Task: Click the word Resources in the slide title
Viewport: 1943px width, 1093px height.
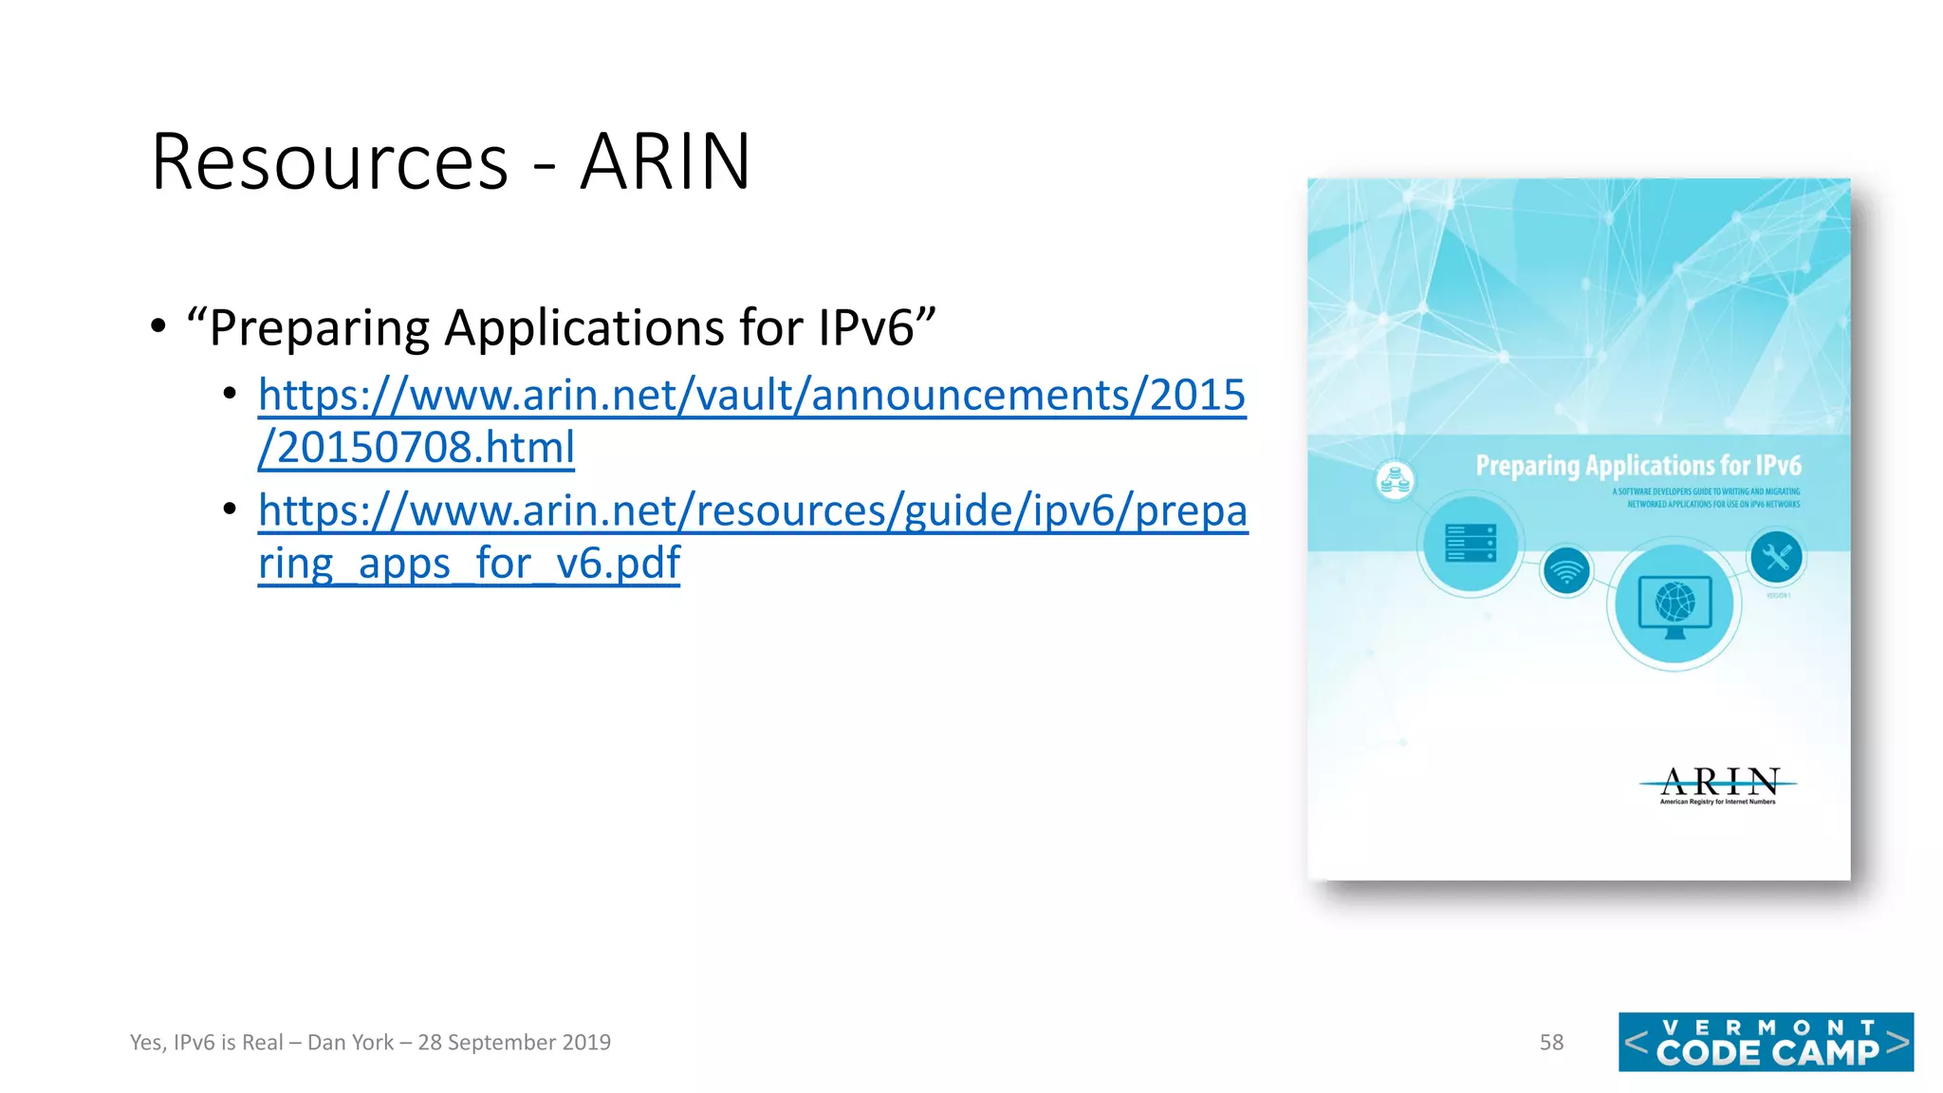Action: point(329,162)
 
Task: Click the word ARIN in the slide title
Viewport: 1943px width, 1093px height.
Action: point(665,162)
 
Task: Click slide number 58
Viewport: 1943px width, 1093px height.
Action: point(1551,1042)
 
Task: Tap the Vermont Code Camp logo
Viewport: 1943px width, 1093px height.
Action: point(1766,1042)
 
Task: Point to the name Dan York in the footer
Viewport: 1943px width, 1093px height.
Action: point(350,1042)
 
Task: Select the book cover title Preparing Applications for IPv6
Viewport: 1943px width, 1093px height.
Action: point(1638,466)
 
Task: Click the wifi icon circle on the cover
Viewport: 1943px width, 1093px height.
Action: point(1566,572)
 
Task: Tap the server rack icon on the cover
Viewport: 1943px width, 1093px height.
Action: point(1471,544)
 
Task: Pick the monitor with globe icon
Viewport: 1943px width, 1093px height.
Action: point(1675,605)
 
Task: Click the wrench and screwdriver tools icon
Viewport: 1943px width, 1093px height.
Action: point(1776,556)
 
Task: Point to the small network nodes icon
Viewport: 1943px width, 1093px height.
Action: point(1395,480)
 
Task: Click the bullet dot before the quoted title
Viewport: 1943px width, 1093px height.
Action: point(158,327)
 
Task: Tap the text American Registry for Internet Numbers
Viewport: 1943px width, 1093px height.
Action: point(1717,802)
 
